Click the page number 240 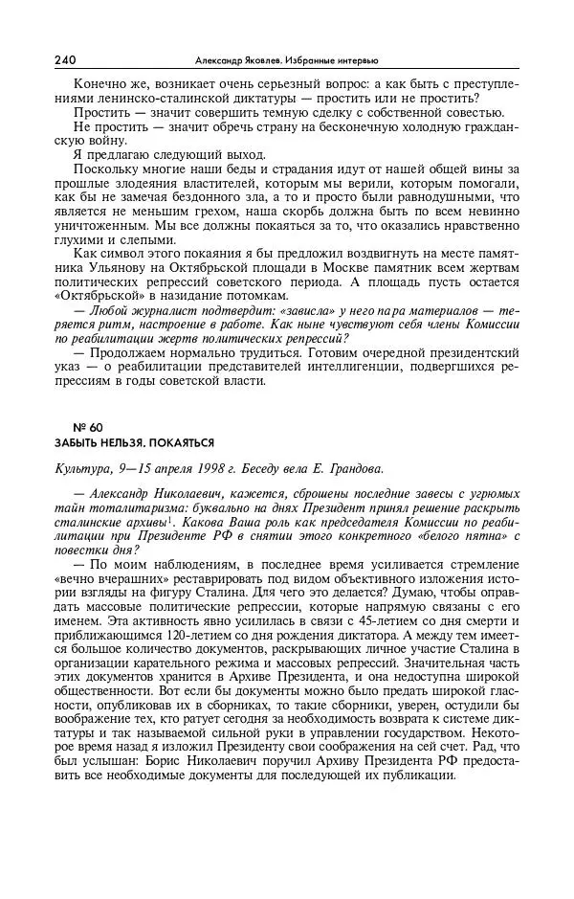[66, 59]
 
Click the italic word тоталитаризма [123, 507]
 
